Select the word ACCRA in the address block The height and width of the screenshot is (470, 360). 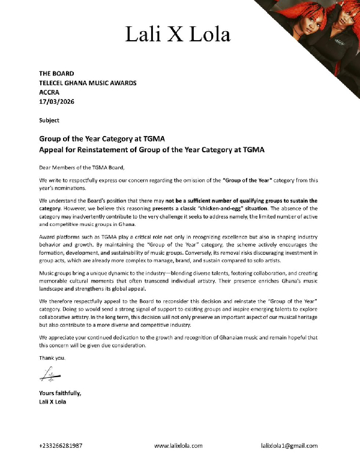[x=50, y=92]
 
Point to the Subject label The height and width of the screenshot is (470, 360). [x=49, y=120]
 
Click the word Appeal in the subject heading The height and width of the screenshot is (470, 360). [x=53, y=148]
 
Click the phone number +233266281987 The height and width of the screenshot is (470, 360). [x=61, y=446]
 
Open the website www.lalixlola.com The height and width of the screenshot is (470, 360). [x=178, y=446]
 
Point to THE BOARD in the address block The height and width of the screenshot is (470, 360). [x=56, y=73]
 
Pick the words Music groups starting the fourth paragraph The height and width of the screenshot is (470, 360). [x=57, y=273]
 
